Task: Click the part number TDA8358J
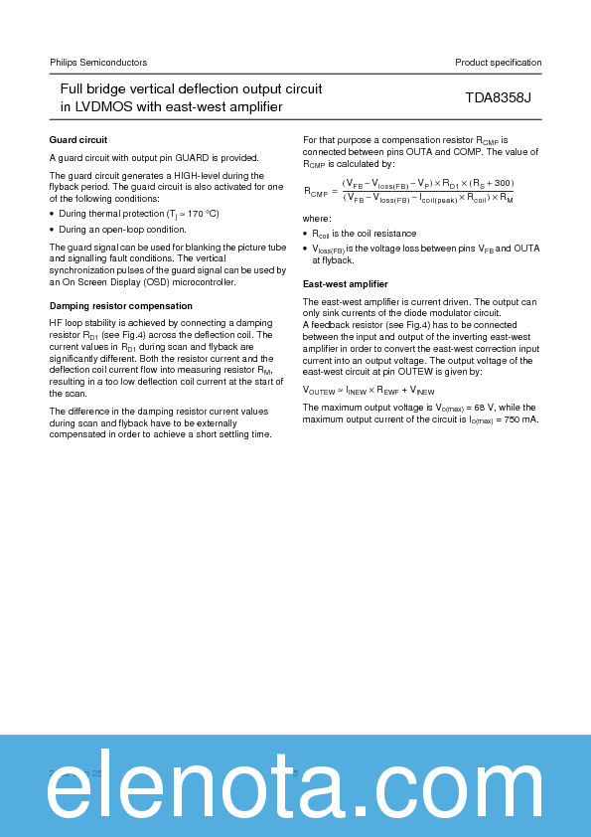click(x=499, y=98)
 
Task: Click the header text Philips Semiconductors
click(x=98, y=63)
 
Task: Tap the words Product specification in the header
click(x=499, y=63)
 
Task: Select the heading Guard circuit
click(x=78, y=139)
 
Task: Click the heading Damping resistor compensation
click(x=121, y=305)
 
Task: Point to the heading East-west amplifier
click(x=345, y=284)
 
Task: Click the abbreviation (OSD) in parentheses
click(x=156, y=282)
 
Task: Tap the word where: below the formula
click(x=317, y=218)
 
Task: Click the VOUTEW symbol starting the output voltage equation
click(x=320, y=391)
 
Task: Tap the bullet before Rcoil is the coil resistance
click(x=305, y=233)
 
